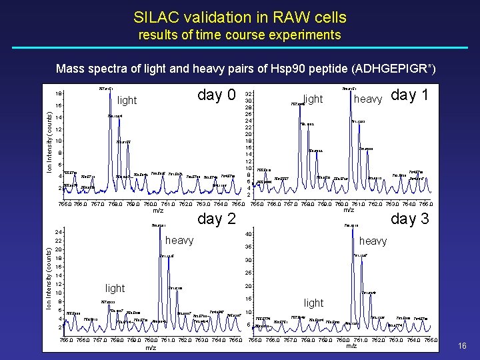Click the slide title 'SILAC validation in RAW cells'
(240, 17)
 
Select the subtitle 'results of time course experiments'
(240, 35)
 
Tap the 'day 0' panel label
(217, 95)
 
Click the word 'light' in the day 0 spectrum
(127, 101)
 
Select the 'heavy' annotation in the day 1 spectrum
(367, 99)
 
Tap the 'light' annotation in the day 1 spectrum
(313, 99)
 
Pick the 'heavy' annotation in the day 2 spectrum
(179, 240)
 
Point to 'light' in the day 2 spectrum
(115, 288)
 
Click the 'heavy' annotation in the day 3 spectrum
(373, 240)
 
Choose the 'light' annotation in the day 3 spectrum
(313, 303)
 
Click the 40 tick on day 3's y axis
(248, 234)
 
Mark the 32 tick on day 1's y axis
(248, 94)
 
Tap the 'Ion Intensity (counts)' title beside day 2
(48, 279)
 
